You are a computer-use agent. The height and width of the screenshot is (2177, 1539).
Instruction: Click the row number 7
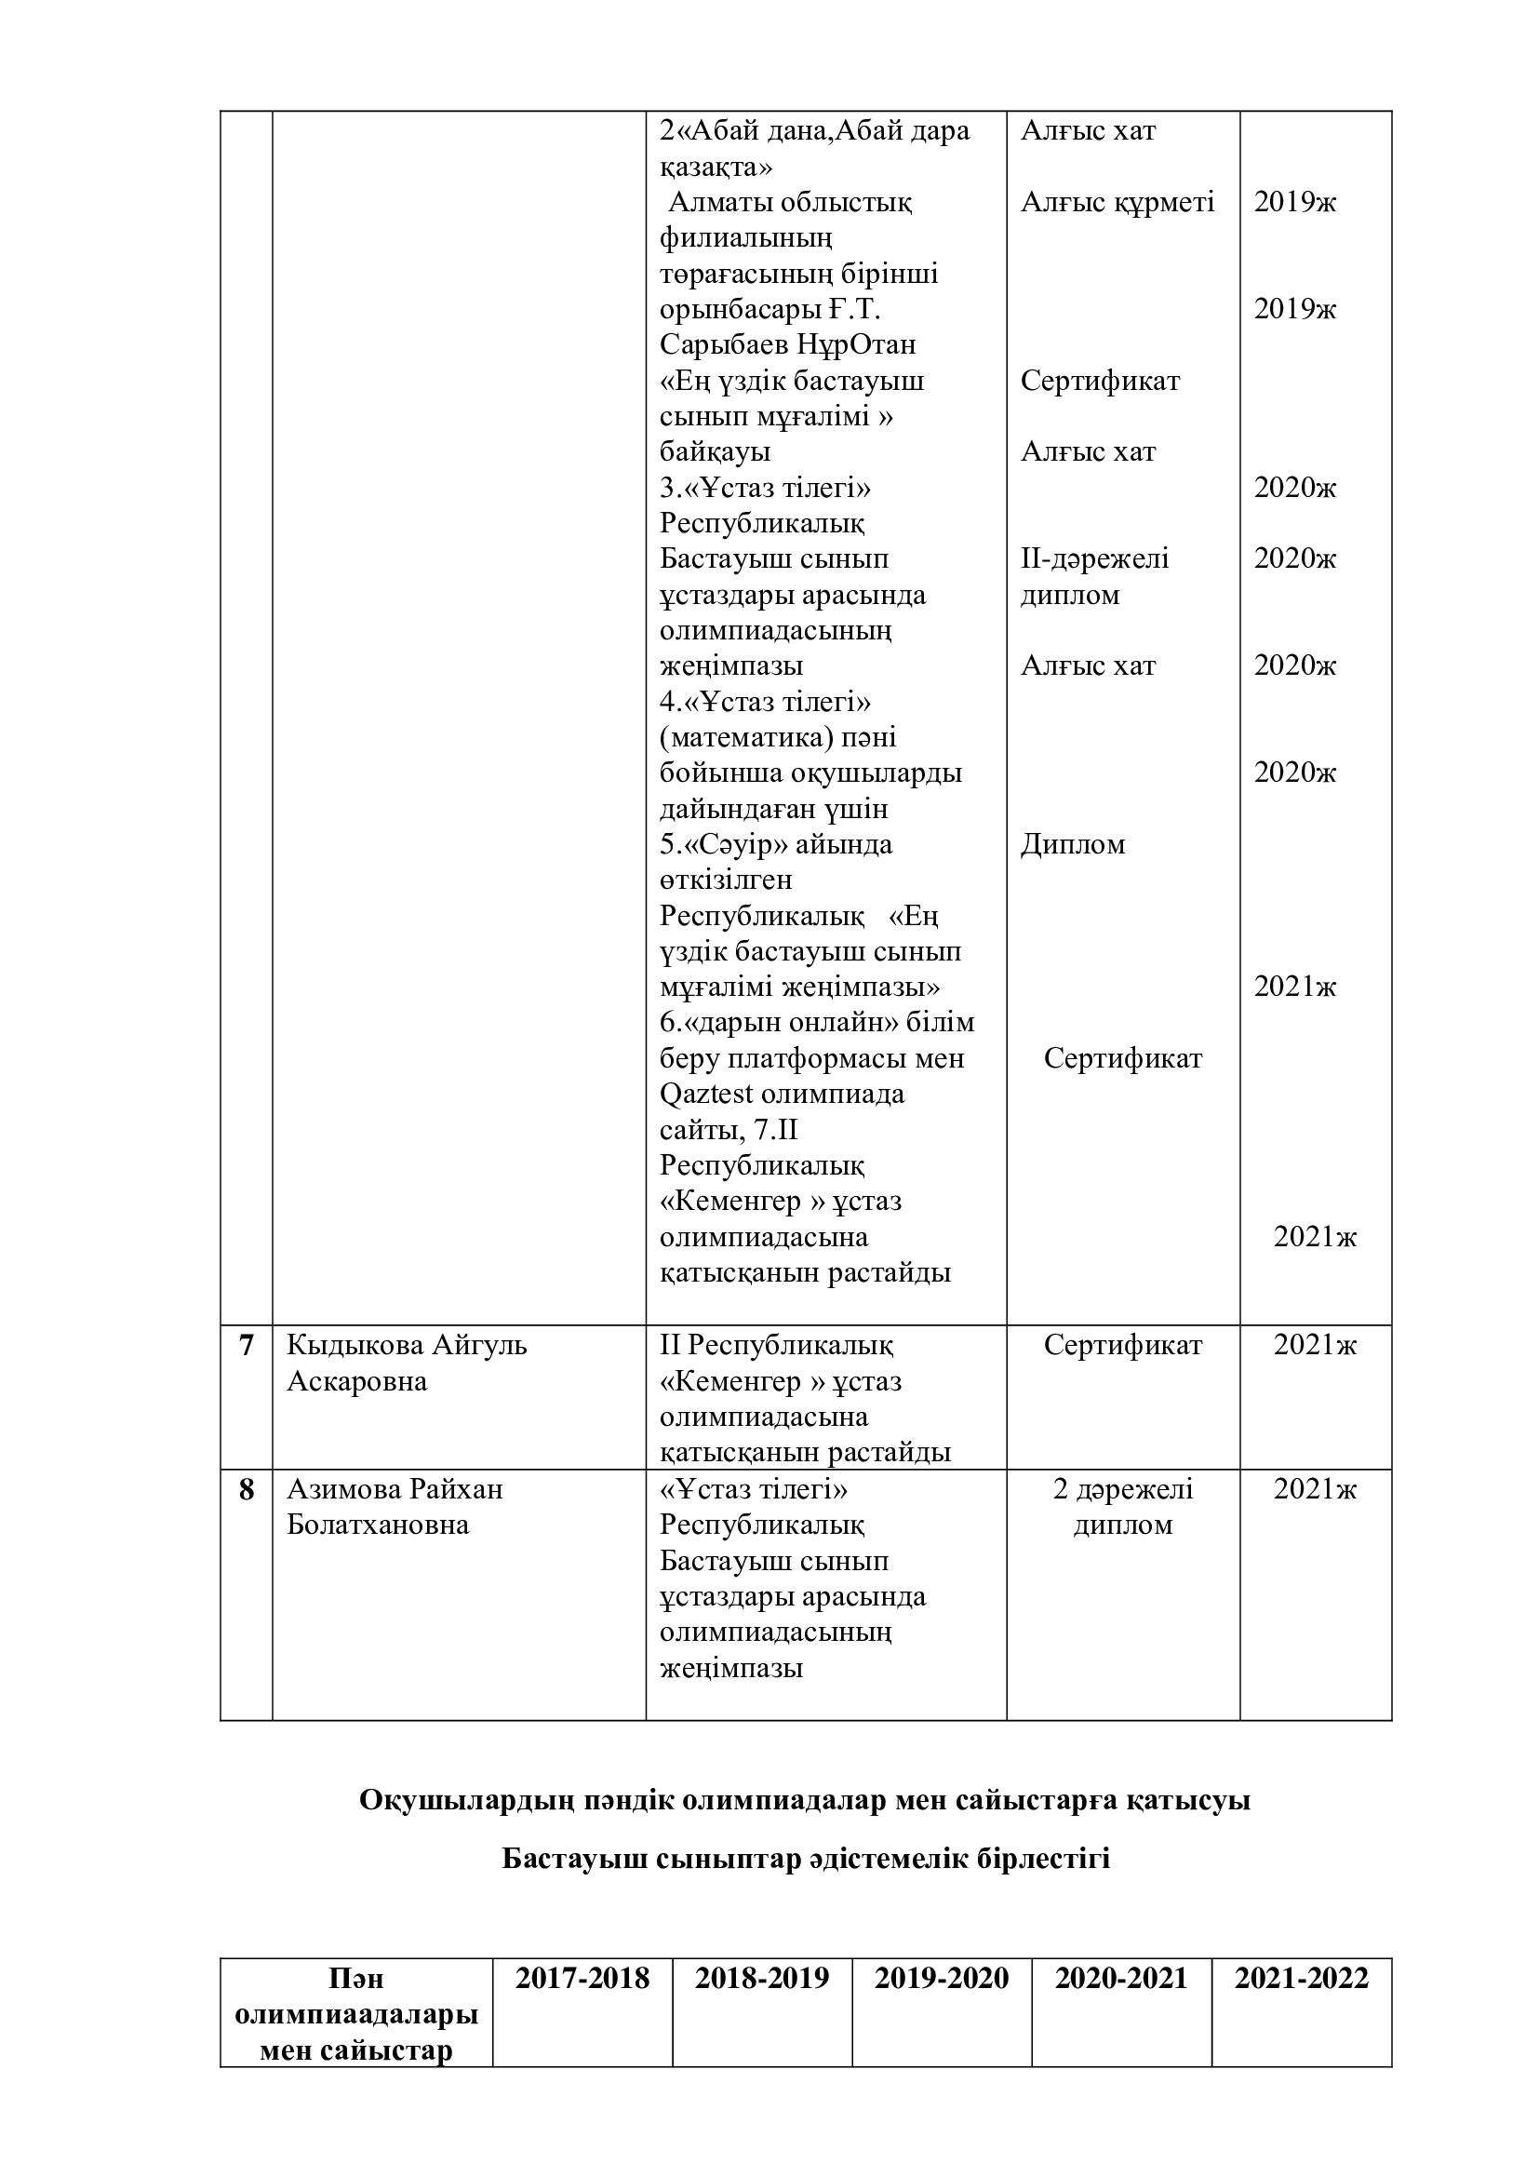[x=247, y=1346]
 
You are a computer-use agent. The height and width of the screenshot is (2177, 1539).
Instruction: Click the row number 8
[x=247, y=1489]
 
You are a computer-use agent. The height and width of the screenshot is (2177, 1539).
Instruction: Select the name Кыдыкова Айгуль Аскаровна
[x=407, y=1363]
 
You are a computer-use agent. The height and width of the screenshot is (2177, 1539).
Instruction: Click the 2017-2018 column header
[x=582, y=1978]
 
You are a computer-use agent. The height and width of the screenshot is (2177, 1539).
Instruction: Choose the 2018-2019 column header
[x=762, y=1978]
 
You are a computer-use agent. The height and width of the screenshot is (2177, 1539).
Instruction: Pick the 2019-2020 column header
[x=941, y=1978]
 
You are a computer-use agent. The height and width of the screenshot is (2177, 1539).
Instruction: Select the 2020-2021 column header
[x=1121, y=1978]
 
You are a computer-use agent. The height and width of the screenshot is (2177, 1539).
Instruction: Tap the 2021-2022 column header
[x=1301, y=1978]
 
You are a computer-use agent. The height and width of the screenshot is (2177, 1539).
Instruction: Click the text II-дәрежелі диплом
[x=1094, y=576]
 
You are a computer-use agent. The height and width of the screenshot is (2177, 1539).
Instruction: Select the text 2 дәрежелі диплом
[x=1123, y=1507]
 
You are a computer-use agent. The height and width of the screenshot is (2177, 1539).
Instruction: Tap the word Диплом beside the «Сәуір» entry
[x=1073, y=844]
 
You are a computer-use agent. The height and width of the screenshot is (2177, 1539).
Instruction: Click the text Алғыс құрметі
[x=1117, y=202]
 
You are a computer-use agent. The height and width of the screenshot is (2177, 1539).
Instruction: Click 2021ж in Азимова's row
[x=1315, y=1489]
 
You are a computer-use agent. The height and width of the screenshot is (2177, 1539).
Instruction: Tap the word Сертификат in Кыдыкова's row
[x=1123, y=1346]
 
